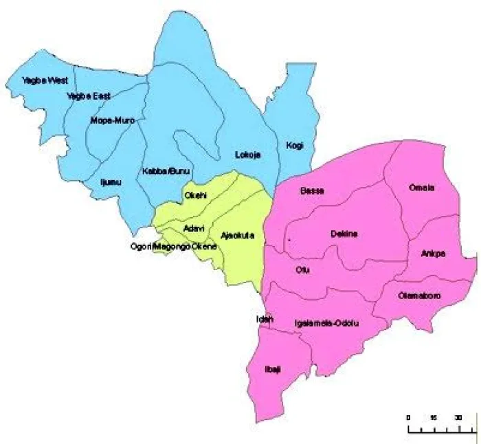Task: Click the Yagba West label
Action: (x=40, y=81)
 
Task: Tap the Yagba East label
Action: (x=89, y=96)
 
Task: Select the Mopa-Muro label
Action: (x=113, y=120)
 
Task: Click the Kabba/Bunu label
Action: (x=166, y=170)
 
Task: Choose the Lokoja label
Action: (x=247, y=154)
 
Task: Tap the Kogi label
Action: (x=295, y=145)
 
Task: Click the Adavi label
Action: (x=193, y=227)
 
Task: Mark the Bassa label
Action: (x=312, y=190)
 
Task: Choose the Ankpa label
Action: (x=433, y=253)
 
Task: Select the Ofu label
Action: (x=302, y=269)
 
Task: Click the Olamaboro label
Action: (x=419, y=296)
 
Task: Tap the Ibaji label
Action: (x=273, y=370)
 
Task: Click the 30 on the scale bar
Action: (x=458, y=417)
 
